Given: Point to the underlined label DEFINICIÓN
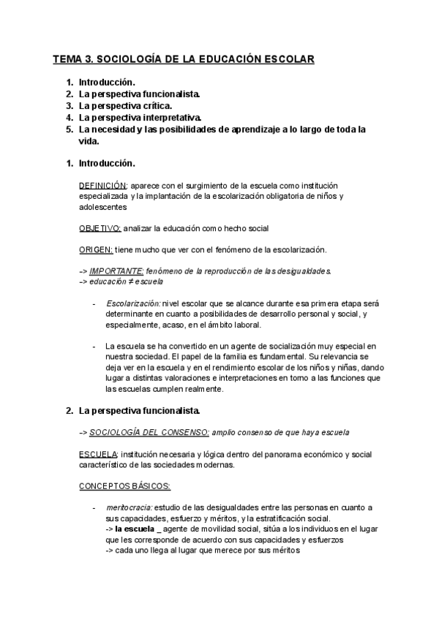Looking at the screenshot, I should pyautogui.click(x=102, y=186).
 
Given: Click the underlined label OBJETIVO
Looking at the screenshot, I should pyautogui.click(x=100, y=228).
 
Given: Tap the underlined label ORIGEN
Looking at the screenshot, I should pyautogui.click(x=95, y=249).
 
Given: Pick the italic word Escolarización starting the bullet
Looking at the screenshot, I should pyautogui.click(x=132, y=303).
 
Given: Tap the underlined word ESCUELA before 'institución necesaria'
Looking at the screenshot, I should pyautogui.click(x=97, y=453).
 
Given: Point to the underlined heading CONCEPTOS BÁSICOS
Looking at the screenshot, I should pyautogui.click(x=124, y=485).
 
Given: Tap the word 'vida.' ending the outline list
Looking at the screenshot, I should pyautogui.click(x=89, y=142).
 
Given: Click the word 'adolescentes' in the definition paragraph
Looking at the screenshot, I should pyautogui.click(x=103, y=207).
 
